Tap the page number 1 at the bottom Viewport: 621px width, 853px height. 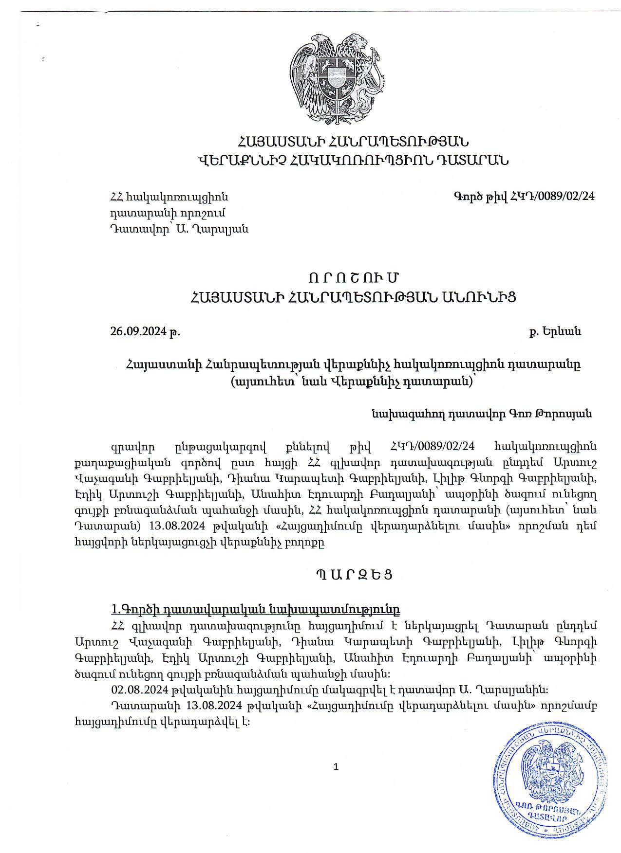[336, 767]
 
